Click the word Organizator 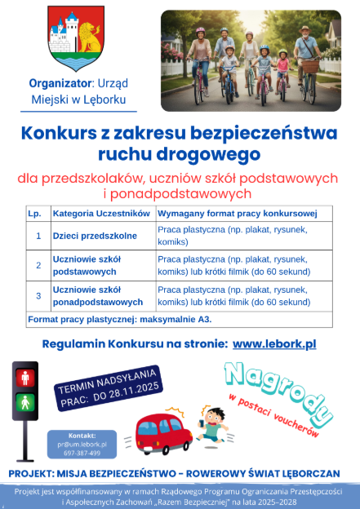pyautogui.click(x=60, y=82)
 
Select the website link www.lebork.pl pyautogui.click(x=273, y=344)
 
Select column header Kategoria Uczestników pyautogui.click(x=101, y=213)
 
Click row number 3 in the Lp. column pyautogui.click(x=38, y=295)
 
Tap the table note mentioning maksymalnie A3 pyautogui.click(x=118, y=319)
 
